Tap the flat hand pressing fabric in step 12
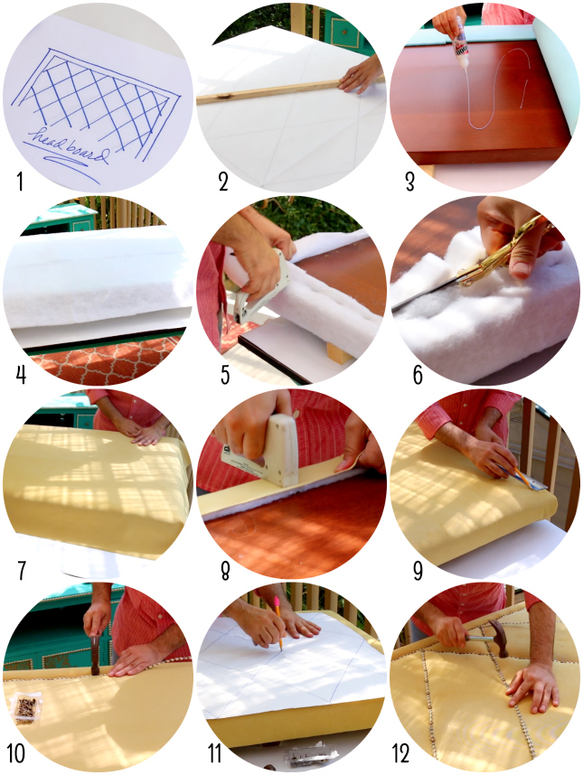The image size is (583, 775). point(533,686)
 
